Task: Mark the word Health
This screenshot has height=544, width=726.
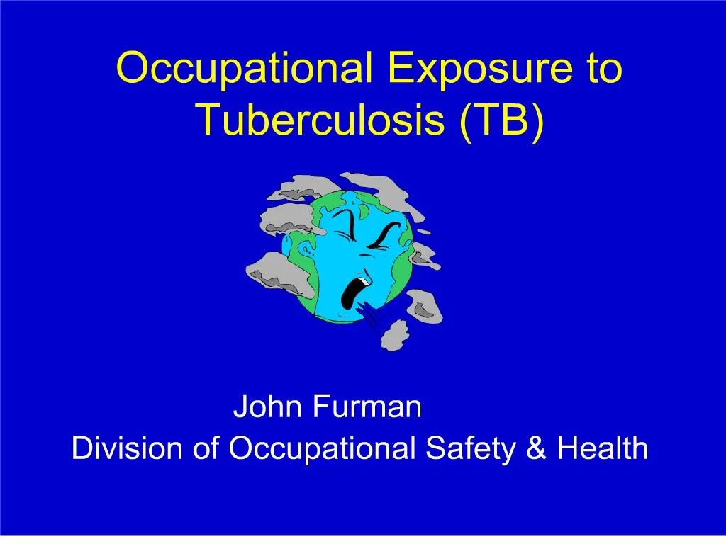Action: click(602, 448)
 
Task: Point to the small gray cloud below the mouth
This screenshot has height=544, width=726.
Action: click(394, 334)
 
